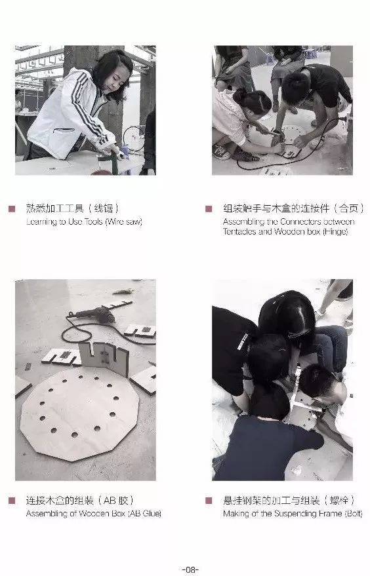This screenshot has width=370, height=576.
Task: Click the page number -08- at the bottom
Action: click(x=190, y=569)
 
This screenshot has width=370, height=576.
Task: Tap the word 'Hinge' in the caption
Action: click(x=335, y=232)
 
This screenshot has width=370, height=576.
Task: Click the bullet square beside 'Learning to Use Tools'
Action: click(x=12, y=208)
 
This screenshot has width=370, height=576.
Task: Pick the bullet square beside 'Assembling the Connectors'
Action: click(x=209, y=208)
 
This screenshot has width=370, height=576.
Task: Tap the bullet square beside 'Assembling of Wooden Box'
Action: click(x=12, y=501)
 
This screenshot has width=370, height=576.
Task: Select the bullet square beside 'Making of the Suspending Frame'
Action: click(x=209, y=501)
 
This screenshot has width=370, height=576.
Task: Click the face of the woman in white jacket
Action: click(x=116, y=80)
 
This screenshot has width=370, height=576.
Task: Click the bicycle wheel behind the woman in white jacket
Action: click(x=134, y=138)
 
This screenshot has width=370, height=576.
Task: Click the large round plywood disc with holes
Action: click(x=79, y=413)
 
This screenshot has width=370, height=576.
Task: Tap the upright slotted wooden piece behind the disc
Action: click(x=104, y=358)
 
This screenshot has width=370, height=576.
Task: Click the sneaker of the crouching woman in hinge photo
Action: click(x=222, y=151)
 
